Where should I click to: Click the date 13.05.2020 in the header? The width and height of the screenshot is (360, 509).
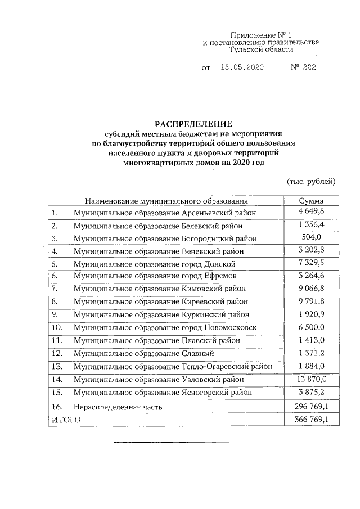(x=242, y=67)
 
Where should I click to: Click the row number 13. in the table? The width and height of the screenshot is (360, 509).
(x=57, y=366)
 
